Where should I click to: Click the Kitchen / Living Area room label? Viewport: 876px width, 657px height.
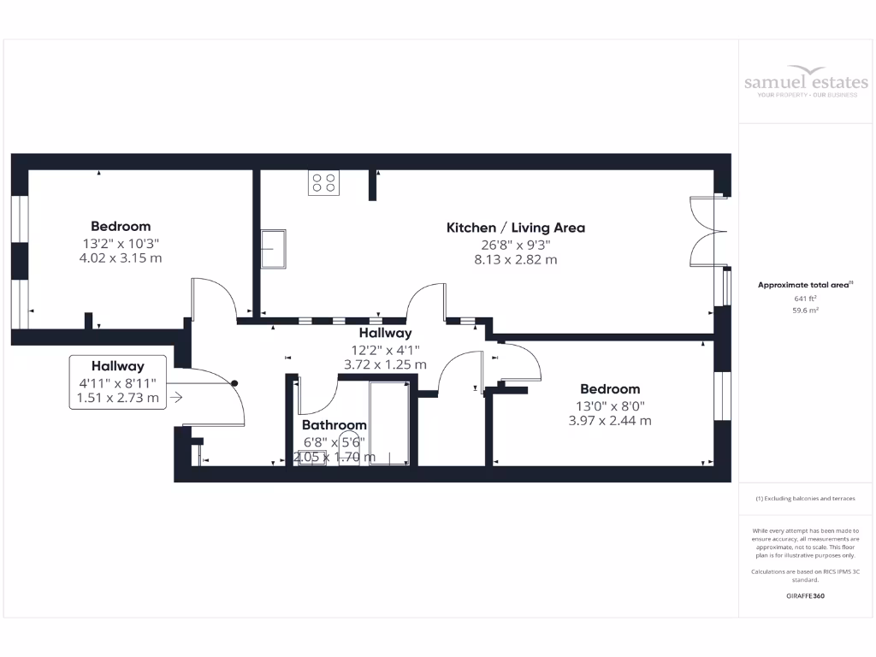coord(515,228)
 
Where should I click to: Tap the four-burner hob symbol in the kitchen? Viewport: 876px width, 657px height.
coord(323,182)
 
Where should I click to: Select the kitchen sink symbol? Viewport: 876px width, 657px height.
coord(275,249)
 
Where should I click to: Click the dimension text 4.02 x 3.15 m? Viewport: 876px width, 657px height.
coord(121,257)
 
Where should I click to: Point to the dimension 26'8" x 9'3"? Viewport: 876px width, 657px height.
coord(515,244)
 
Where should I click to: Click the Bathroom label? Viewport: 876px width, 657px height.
coord(334,425)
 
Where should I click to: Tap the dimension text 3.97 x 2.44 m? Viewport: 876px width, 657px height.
coord(610,421)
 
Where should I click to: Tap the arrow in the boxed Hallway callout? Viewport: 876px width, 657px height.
coord(176,397)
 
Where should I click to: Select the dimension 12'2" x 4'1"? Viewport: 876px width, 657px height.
coord(385,349)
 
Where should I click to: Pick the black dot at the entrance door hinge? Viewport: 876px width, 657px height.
coord(234,384)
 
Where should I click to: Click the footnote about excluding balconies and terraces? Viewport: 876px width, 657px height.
coord(805,499)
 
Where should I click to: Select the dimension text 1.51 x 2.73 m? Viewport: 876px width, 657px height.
coord(118,398)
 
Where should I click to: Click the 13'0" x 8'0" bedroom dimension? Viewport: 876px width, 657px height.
coord(610,405)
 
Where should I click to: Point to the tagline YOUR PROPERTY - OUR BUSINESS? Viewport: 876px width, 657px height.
coord(805,94)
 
